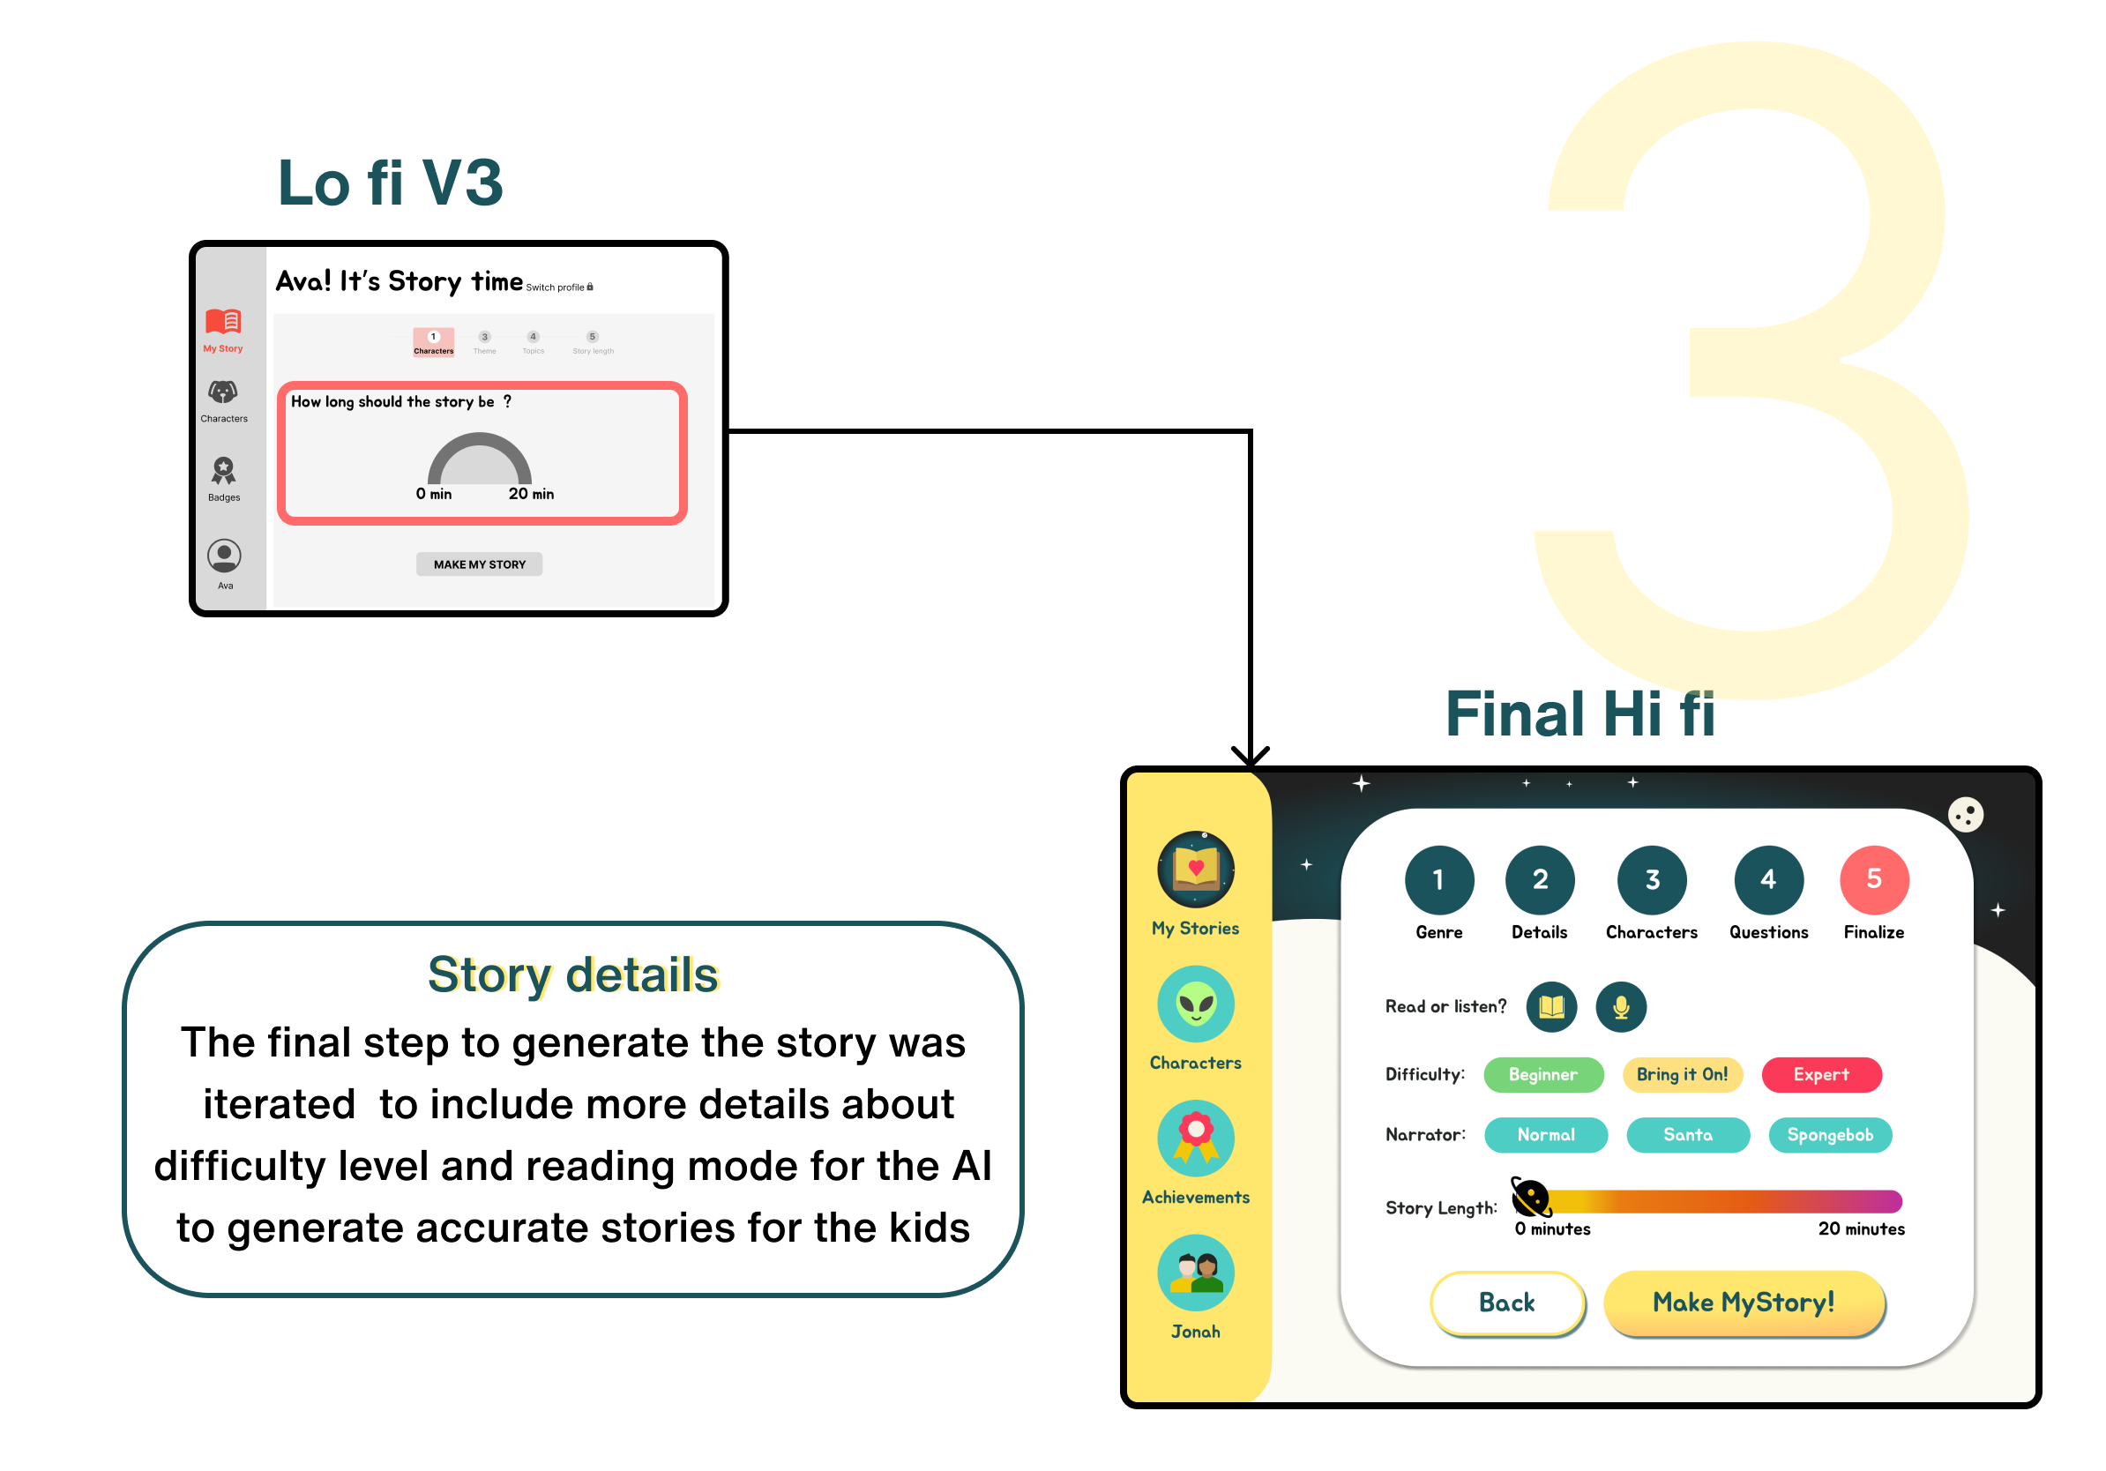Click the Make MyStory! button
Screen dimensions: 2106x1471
pos(1743,1303)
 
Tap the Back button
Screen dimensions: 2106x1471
pos(1506,1303)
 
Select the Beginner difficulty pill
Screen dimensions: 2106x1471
pos(1542,1075)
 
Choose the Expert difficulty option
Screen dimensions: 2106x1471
pos(1821,1075)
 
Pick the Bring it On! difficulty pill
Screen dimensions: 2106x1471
pos(1681,1075)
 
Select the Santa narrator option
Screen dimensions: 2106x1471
pos(1687,1135)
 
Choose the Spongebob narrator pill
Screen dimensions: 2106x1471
pos(1829,1135)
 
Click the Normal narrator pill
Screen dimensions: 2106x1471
pos(1546,1135)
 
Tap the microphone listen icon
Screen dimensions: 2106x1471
pos(1621,1007)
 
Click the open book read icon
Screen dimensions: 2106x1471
pos(1551,1007)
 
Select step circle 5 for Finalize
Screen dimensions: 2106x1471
pos(1874,879)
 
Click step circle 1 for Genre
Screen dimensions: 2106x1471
pos(1438,879)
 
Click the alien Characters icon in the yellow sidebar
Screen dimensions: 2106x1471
pos(1195,1004)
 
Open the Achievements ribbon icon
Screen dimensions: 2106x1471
pos(1195,1139)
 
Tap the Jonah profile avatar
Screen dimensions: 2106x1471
pos(1195,1273)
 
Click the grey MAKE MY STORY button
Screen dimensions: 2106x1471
pos(479,564)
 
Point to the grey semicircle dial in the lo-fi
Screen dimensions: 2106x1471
pos(479,459)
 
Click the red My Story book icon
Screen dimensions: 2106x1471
pos(223,321)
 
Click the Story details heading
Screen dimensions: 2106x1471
pos(572,974)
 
